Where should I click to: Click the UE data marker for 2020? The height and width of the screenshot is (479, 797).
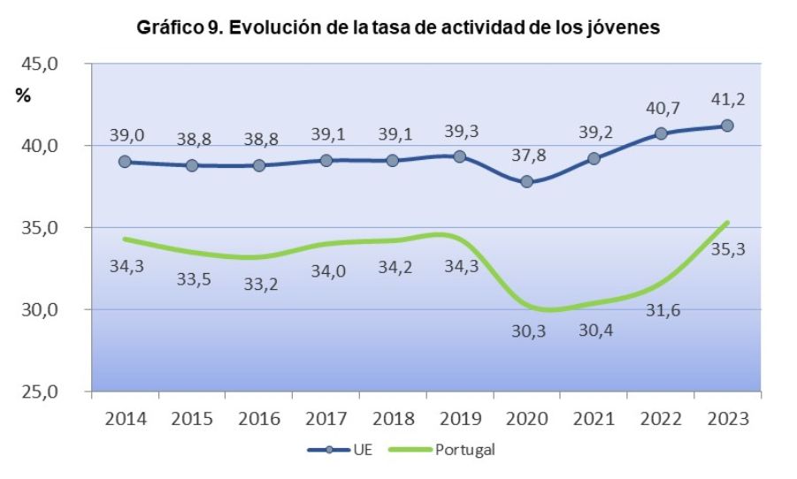pos(527,182)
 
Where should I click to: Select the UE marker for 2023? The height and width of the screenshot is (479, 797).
pos(727,125)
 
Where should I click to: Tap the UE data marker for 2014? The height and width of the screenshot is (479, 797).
pos(125,162)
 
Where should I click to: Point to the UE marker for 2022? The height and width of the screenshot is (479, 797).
pos(661,133)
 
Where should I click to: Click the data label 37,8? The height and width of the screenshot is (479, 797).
pos(527,155)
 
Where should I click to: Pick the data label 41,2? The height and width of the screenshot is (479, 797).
pos(727,99)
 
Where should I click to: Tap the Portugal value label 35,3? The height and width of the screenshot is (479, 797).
pos(727,249)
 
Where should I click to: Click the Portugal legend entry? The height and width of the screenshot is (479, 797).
pos(453,450)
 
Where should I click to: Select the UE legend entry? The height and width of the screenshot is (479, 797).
pos(356,450)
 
